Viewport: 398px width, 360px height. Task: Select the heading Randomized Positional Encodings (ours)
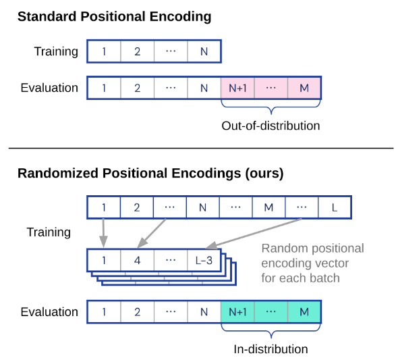(x=150, y=173)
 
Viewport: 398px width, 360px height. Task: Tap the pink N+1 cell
(x=237, y=88)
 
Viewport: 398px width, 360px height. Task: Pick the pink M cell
(x=304, y=88)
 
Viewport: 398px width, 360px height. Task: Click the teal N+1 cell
(x=237, y=312)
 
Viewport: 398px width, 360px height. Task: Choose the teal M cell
(x=304, y=312)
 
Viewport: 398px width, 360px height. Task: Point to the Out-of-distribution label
(x=271, y=126)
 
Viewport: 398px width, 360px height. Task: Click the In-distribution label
(x=271, y=349)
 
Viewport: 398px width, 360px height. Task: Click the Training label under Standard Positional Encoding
(x=57, y=51)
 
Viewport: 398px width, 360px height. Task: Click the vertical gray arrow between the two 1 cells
(x=104, y=233)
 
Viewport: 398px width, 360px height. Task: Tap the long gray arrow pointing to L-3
(x=253, y=233)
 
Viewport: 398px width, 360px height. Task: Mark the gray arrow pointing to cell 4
(x=152, y=233)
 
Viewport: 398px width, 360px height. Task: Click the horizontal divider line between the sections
(x=200, y=148)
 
